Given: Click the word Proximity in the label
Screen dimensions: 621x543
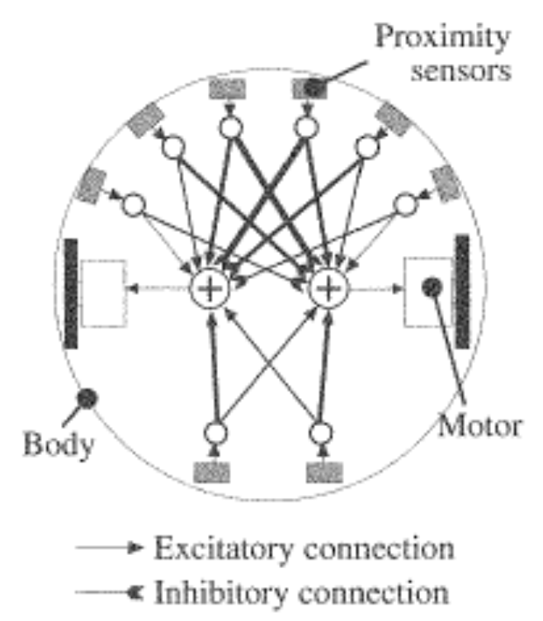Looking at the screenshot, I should coord(442,37).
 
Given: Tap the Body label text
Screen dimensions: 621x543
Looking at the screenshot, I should coord(59,445).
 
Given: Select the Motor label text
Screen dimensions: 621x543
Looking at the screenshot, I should coord(479,427).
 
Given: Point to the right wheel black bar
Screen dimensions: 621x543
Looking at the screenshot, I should coord(461,289).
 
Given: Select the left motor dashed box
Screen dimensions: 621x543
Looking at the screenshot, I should coord(104,292).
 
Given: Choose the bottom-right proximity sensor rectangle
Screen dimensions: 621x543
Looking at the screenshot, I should coord(319,471).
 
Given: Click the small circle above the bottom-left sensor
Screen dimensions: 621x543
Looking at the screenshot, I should coord(216,432).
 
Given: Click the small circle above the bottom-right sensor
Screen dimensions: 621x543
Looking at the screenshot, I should coord(322,432).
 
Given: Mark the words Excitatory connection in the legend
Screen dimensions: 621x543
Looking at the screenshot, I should coord(304,548).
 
